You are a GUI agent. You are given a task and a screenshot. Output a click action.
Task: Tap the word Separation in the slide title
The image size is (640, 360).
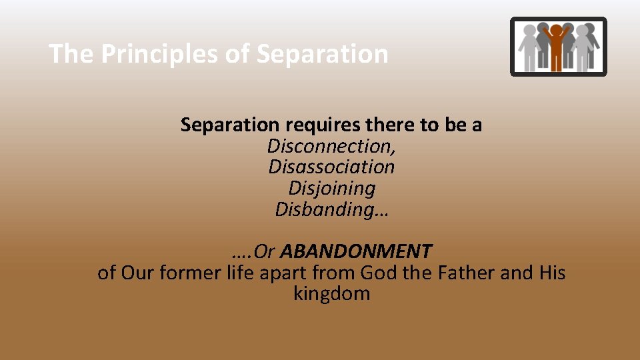[x=322, y=54]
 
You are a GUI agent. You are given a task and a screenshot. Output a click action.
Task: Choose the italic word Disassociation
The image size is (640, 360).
[x=331, y=167]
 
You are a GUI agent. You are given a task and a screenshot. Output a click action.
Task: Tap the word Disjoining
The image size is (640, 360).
[x=331, y=188]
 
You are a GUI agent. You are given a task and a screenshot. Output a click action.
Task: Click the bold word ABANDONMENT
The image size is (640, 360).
[x=356, y=251]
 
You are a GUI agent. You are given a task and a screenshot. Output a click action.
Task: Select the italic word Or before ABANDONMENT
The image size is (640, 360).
[x=265, y=251]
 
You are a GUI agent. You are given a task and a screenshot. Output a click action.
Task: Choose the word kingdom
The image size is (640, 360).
[x=331, y=294]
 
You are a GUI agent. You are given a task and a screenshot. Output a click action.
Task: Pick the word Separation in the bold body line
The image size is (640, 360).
[x=229, y=125]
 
